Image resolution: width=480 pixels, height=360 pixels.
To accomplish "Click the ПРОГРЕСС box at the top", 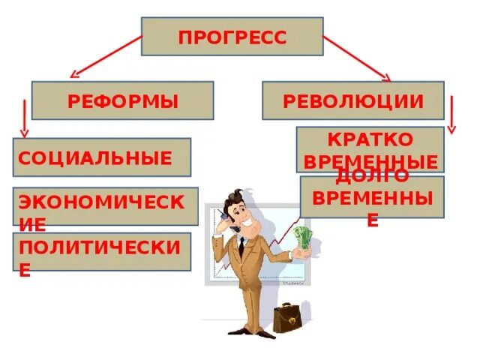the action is point(232,37).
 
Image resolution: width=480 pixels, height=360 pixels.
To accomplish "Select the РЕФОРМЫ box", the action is point(122,100).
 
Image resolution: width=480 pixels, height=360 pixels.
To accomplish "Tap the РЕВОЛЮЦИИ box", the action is point(352,100).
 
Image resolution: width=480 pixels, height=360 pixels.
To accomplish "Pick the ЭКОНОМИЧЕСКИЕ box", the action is point(105,206).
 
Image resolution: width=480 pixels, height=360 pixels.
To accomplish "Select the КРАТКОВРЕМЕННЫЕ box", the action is point(370,149).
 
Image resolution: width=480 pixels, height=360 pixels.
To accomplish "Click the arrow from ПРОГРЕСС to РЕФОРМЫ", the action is point(105,57).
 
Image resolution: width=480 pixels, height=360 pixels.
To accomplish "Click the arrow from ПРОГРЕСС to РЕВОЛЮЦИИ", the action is point(357,57).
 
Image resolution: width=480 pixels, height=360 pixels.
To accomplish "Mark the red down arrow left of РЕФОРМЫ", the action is point(25,118).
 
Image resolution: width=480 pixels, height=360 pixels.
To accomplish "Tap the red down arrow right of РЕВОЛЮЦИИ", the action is point(451,115).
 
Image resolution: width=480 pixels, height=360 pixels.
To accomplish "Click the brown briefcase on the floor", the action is point(286,317).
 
